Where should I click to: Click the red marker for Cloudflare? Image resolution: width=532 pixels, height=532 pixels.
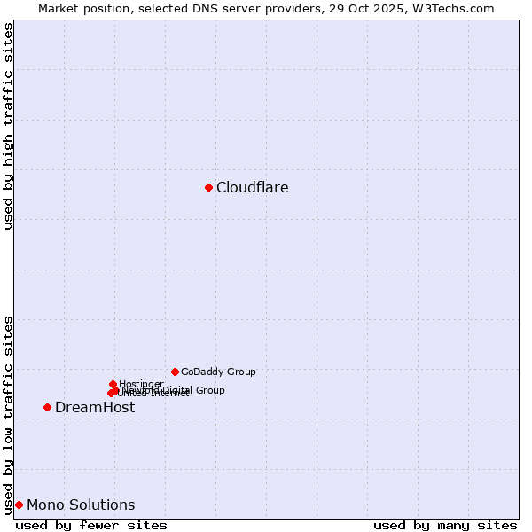pos(208,187)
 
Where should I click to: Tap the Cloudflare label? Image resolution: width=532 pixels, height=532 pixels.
pos(252,187)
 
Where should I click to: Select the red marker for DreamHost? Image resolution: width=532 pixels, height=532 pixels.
pos(47,407)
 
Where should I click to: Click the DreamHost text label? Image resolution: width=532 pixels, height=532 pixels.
pos(95,407)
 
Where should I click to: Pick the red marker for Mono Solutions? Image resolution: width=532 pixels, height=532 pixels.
pos(19,505)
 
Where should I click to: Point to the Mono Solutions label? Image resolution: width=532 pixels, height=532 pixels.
pos(81,505)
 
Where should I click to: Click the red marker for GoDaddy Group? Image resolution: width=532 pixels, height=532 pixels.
pos(175,372)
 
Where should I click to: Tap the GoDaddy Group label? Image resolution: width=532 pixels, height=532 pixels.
pos(218,372)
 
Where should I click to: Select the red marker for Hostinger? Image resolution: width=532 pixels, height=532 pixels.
pos(113,384)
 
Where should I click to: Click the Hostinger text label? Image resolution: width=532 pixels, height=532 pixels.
pos(141,384)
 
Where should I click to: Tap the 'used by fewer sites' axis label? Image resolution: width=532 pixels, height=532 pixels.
pos(91,525)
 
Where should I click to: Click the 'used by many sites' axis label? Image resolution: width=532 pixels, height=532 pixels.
pos(445,525)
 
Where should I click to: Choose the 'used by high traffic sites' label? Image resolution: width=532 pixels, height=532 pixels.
pos(8,126)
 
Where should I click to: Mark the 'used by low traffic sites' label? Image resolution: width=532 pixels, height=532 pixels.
pos(8,414)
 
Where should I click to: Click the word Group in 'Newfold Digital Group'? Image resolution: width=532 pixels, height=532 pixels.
pos(209,390)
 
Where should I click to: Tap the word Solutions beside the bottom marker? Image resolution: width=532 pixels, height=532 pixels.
pos(99,505)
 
